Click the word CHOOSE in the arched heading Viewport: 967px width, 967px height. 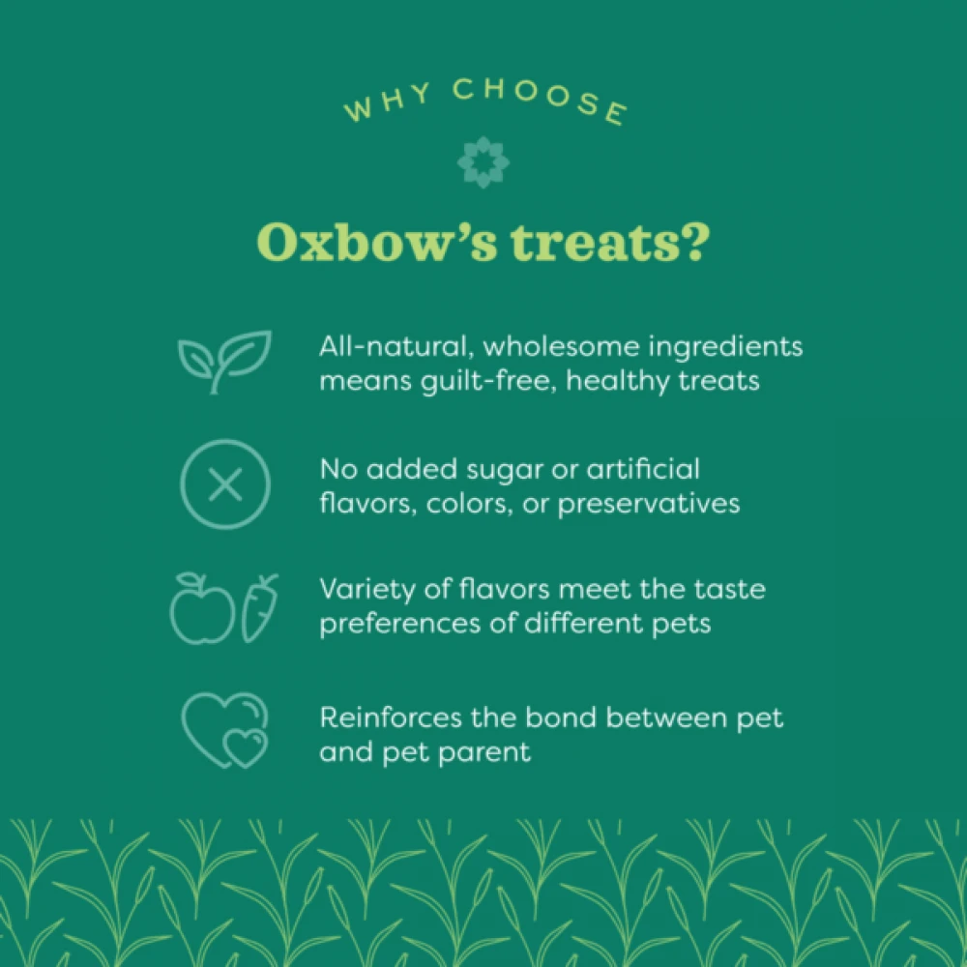coord(541,101)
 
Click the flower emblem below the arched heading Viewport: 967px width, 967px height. coord(483,161)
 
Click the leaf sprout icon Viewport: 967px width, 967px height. coord(224,360)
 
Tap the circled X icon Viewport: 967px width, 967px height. coord(225,484)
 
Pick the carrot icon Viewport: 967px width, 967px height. coord(259,607)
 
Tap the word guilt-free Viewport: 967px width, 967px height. coord(490,380)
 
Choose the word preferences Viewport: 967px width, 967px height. coord(402,623)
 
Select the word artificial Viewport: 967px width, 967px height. coord(646,470)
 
